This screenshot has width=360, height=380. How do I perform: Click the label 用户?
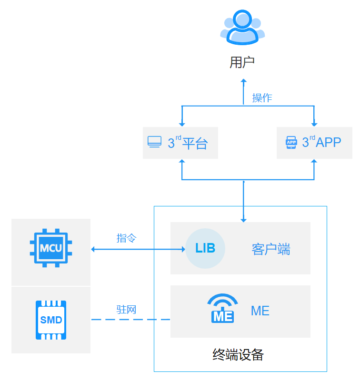(x=242, y=62)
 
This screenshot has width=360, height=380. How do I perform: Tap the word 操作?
(x=262, y=98)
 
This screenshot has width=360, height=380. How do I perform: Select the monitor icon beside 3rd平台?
(x=154, y=142)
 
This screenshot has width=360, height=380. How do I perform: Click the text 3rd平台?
(x=188, y=143)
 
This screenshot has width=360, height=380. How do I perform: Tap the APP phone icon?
(x=291, y=142)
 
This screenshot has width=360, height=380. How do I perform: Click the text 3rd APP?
(x=321, y=142)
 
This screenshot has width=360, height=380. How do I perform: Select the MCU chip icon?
(x=51, y=248)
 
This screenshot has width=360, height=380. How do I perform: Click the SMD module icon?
(x=51, y=320)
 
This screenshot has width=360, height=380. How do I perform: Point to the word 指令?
(x=126, y=238)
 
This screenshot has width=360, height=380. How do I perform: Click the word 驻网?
(x=126, y=309)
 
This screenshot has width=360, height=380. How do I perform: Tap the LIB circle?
(x=205, y=248)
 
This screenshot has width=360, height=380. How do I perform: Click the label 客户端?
(x=271, y=249)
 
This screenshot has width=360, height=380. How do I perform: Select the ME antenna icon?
(x=222, y=309)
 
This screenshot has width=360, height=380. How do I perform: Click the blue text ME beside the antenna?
(x=260, y=311)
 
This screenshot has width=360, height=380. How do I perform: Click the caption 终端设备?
(x=238, y=355)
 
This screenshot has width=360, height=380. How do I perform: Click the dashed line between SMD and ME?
(x=130, y=320)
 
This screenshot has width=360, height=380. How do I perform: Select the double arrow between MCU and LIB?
(x=138, y=249)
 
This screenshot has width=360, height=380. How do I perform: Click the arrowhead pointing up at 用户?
(x=243, y=81)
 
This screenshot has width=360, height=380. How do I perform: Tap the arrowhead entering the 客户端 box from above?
(x=243, y=220)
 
